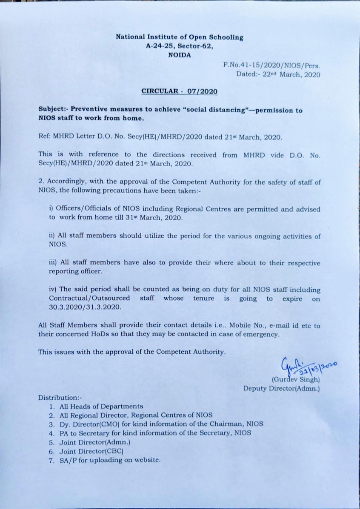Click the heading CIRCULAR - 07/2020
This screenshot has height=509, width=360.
click(x=179, y=91)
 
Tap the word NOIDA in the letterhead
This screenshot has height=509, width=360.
click(x=179, y=55)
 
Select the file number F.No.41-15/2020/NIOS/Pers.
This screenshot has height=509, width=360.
click(x=271, y=65)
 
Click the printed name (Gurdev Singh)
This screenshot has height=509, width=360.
click(x=296, y=379)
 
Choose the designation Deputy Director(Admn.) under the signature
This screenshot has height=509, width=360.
click(x=281, y=388)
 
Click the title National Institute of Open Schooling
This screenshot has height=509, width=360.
click(x=179, y=37)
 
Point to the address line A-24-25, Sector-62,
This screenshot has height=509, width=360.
click(x=179, y=46)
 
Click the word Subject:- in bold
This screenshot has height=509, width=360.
click(x=54, y=110)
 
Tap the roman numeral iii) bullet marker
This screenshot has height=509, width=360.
click(x=54, y=263)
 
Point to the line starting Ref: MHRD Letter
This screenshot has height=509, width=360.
click(x=160, y=137)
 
